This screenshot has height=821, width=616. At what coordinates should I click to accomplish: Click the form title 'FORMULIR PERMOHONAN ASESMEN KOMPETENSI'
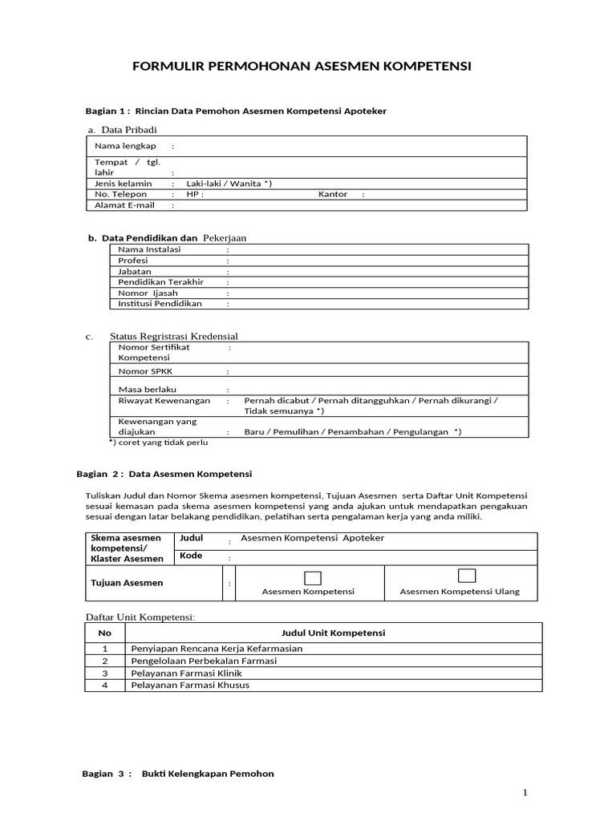302,66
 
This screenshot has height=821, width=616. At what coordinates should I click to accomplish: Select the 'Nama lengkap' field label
125,146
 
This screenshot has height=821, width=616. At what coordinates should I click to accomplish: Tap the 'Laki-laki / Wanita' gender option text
229,184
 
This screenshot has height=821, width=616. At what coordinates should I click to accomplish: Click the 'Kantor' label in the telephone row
333,194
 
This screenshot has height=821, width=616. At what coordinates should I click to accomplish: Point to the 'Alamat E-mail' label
124,205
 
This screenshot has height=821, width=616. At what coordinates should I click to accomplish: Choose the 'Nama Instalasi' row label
149,249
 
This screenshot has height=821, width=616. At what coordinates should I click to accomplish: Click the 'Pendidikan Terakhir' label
160,282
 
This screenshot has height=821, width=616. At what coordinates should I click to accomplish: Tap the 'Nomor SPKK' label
144,372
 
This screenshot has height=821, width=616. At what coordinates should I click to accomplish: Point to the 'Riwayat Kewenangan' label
164,400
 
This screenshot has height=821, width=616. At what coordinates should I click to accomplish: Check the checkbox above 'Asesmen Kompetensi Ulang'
467,575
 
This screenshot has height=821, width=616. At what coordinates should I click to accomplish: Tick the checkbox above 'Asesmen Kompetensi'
313,577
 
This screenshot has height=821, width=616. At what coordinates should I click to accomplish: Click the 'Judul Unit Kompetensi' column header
334,633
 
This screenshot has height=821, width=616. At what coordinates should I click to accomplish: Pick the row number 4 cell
104,686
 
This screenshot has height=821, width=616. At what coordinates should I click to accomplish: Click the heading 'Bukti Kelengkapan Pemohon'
208,774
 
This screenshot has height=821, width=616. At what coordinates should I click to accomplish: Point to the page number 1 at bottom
525,793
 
